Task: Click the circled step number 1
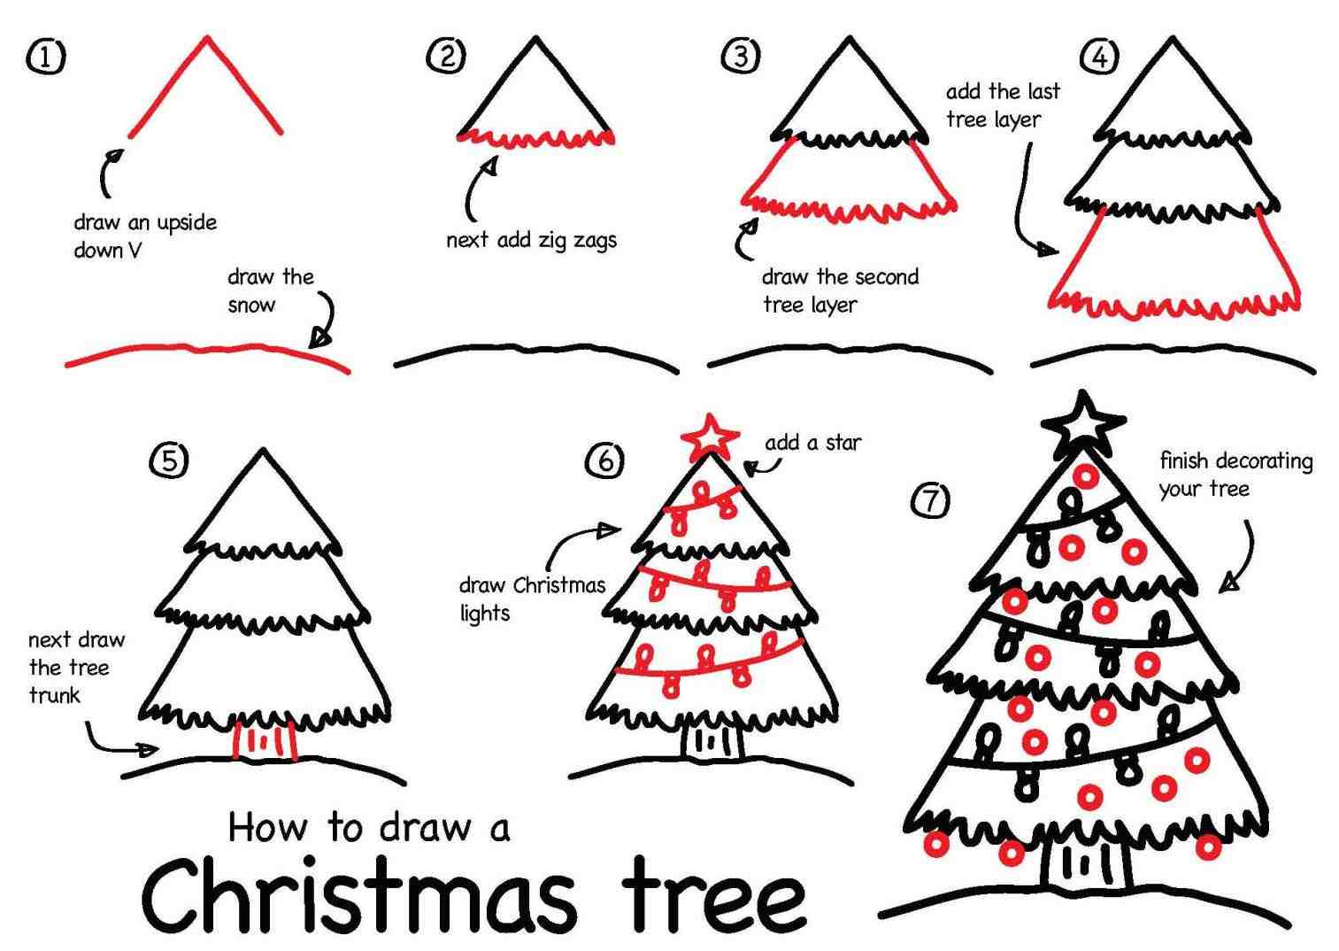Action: click(45, 57)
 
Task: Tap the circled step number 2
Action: click(446, 56)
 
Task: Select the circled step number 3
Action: click(741, 56)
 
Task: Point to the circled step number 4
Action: click(1099, 56)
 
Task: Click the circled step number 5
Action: click(168, 460)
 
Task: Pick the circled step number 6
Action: click(604, 460)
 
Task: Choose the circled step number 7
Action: click(930, 500)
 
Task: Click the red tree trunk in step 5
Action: click(265, 740)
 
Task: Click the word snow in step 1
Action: click(251, 305)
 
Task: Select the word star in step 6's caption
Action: click(843, 443)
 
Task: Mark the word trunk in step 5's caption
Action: click(54, 695)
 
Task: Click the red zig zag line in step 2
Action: click(535, 139)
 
